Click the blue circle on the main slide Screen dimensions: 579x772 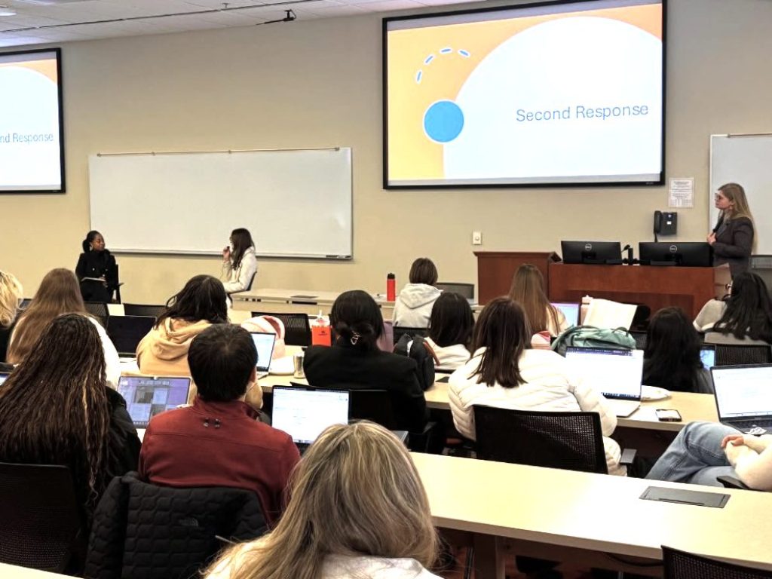[443, 121]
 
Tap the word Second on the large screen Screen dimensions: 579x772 [541, 114]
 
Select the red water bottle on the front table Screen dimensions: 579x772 [391, 286]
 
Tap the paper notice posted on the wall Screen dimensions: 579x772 [680, 192]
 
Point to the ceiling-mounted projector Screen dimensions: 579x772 [289, 15]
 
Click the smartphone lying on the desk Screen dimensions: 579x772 [668, 415]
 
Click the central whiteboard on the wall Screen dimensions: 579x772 [220, 201]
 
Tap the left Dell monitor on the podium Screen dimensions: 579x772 [590, 252]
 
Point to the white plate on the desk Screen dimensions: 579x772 [653, 393]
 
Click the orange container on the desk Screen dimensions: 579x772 [322, 332]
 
